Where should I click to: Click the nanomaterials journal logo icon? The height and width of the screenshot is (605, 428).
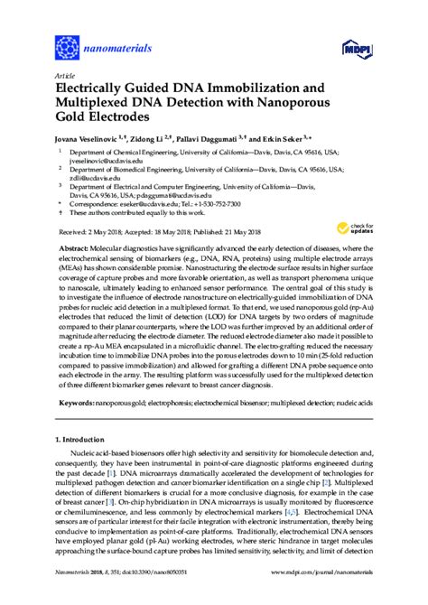(x=67, y=44)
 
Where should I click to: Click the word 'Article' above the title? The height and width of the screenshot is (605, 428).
(x=65, y=76)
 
